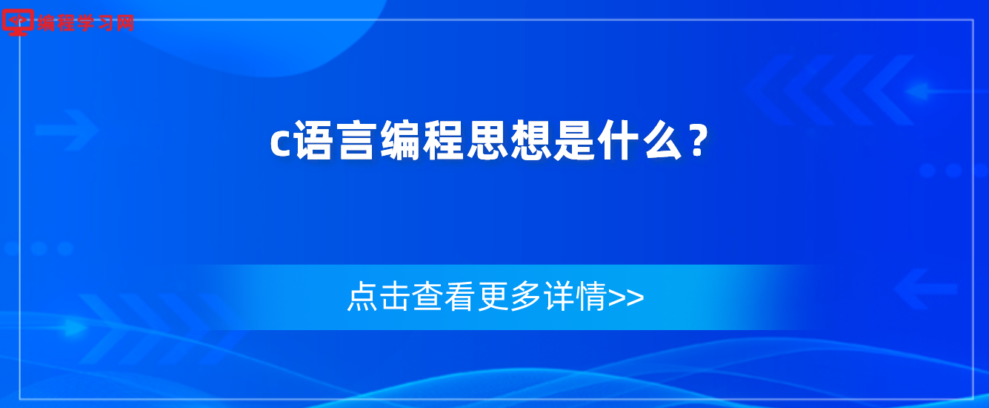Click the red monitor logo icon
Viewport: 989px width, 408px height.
pyautogui.click(x=18, y=22)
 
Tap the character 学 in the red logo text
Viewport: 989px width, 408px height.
pyautogui.click(x=87, y=22)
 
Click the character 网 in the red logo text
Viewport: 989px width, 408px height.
pyautogui.click(x=125, y=22)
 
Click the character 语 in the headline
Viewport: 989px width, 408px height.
pyautogui.click(x=313, y=140)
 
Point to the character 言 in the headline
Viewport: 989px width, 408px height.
pyautogui.click(x=356, y=140)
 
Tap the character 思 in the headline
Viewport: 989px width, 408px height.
pyautogui.click(x=487, y=140)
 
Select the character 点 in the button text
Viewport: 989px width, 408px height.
pyautogui.click(x=362, y=296)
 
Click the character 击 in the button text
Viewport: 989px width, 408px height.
pyautogui.click(x=395, y=296)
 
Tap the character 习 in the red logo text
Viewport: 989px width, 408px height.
pyautogui.click(x=106, y=22)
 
